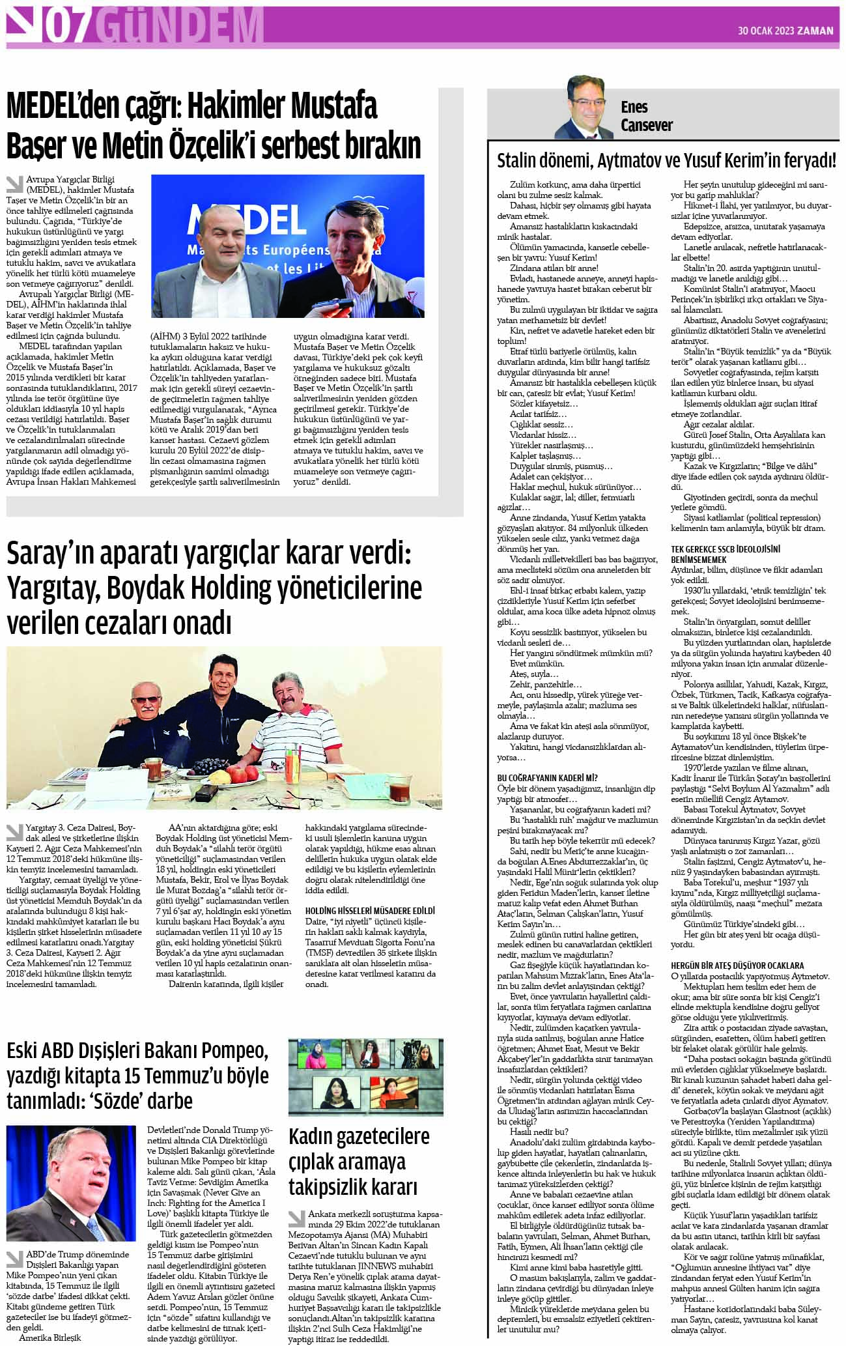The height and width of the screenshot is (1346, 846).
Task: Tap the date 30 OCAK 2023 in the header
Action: click(x=765, y=31)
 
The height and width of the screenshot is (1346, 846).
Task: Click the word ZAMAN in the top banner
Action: click(x=815, y=31)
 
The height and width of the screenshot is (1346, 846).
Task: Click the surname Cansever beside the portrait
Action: click(x=646, y=125)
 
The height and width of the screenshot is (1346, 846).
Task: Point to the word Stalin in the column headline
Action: click(x=518, y=161)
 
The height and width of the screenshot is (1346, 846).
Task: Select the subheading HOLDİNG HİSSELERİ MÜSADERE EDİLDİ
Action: click(x=370, y=910)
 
